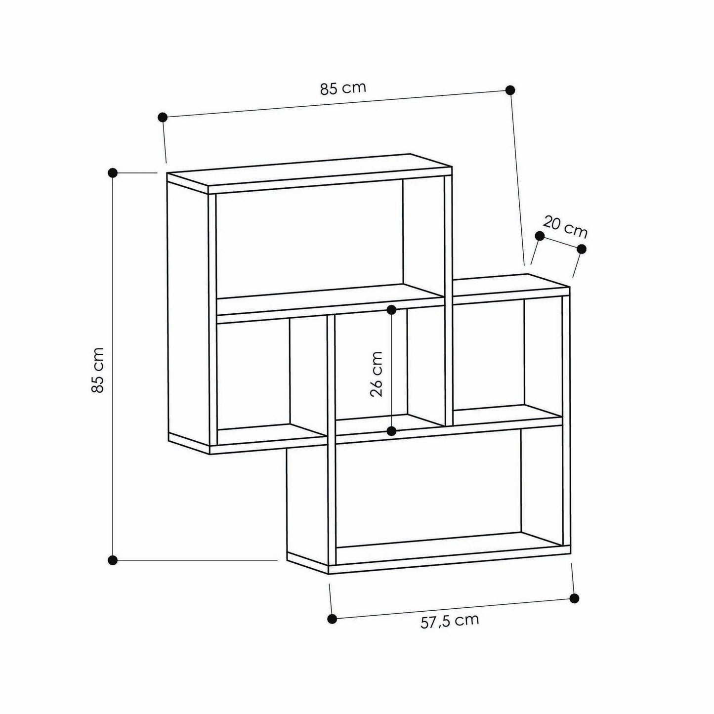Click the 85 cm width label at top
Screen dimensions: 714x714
tap(343, 88)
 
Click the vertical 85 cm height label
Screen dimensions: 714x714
tap(97, 370)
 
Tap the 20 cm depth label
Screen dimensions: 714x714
tap(565, 227)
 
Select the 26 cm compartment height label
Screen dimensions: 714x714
tap(376, 374)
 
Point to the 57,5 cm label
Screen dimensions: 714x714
tap(450, 621)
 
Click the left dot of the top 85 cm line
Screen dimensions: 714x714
tap(162, 117)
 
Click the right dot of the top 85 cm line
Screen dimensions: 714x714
tap(510, 90)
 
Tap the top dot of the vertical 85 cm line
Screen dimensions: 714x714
tap(113, 172)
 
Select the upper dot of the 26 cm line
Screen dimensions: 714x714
tap(391, 309)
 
